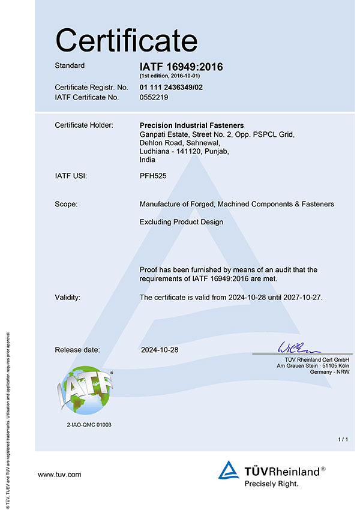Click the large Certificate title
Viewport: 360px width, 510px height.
(126, 41)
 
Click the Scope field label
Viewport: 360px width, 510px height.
(67, 205)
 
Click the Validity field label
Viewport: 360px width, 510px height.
(68, 297)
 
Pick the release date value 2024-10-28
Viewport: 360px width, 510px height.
(160, 349)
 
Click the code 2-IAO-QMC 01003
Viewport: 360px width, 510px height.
(89, 424)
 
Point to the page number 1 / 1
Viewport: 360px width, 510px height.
(343, 440)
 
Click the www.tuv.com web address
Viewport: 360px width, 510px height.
(59, 475)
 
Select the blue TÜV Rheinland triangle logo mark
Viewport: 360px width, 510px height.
(229, 470)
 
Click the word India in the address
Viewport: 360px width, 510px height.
(147, 160)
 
